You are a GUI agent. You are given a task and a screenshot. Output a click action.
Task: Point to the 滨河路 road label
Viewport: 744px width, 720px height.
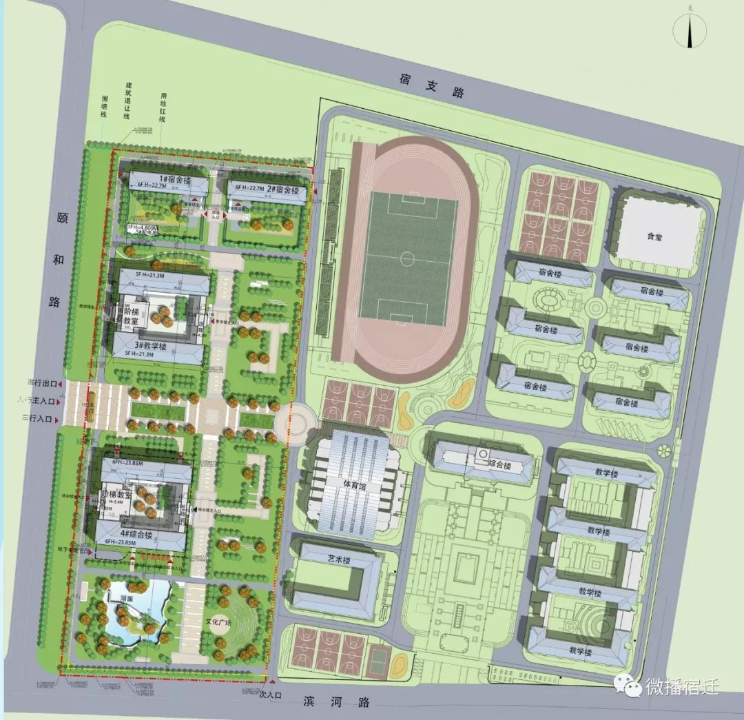(x=337, y=702)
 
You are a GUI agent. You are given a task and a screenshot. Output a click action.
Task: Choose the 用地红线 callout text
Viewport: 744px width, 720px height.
(x=163, y=107)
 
